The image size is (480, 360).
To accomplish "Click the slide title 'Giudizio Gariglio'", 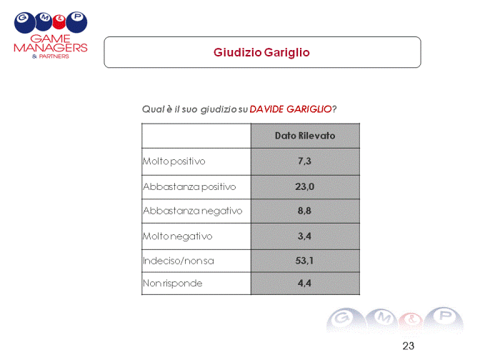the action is (261, 52).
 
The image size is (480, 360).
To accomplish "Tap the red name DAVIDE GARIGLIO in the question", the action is (291, 109).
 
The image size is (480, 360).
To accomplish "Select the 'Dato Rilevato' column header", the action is (305, 136).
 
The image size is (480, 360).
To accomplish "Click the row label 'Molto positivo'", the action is (174, 161).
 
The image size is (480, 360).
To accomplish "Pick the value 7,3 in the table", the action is (304, 161).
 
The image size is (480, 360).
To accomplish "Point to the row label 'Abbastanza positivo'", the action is (189, 186).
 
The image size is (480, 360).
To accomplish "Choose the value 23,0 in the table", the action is (304, 186).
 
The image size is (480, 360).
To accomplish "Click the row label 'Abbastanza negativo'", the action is (193, 211).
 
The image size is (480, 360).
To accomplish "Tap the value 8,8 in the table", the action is (304, 211).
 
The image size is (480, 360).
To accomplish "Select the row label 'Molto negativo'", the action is (178, 236).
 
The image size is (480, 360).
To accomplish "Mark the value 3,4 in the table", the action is (304, 236).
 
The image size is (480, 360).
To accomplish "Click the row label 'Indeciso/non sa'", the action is (179, 261).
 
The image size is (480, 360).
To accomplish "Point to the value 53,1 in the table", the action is (304, 261).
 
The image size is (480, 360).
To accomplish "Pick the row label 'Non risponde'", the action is (173, 284).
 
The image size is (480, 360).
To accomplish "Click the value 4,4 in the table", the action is (304, 283).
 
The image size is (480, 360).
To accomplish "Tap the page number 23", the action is (409, 346).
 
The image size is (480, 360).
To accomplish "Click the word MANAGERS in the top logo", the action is (51, 48).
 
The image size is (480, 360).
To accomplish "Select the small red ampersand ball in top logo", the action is (59, 22).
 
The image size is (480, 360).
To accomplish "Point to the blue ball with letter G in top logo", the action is (24, 22).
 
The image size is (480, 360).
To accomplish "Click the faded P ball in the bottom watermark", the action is (444, 319).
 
